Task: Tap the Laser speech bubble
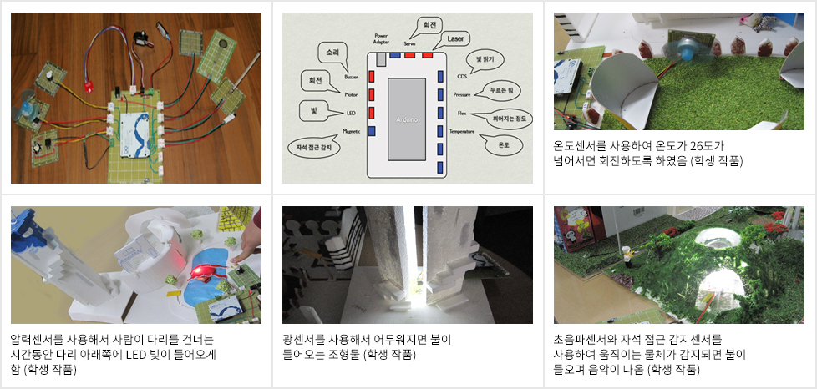(x=454, y=39)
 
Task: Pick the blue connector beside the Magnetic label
(x=372, y=131)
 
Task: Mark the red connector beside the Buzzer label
(x=372, y=75)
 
